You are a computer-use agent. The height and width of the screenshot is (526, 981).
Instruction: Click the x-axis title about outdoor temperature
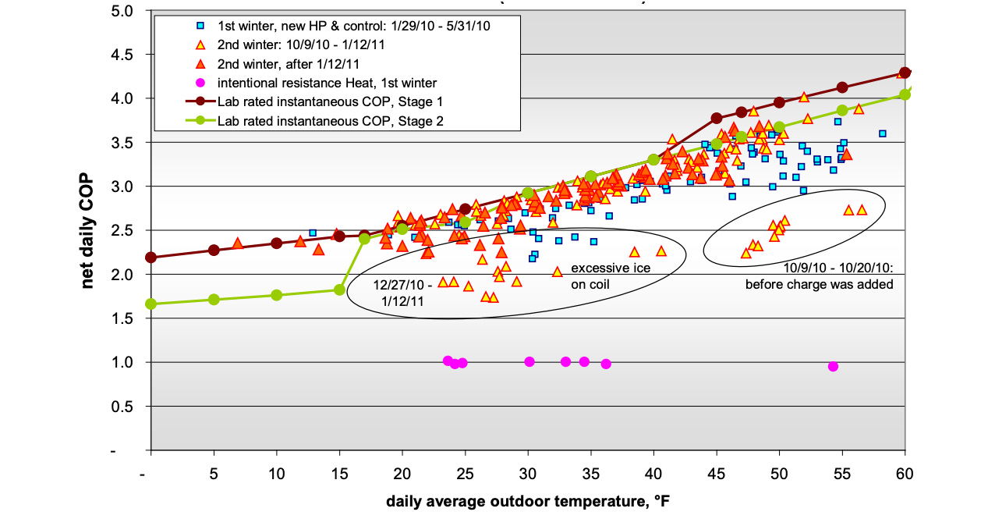[x=527, y=502]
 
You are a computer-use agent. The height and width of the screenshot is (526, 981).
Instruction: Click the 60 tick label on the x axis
[x=905, y=474]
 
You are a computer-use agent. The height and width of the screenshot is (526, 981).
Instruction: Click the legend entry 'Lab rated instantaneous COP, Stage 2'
[x=322, y=120]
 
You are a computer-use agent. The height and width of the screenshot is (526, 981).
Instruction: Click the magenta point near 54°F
[x=833, y=366]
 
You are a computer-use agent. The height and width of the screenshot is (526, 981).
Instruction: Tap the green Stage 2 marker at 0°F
[x=151, y=304]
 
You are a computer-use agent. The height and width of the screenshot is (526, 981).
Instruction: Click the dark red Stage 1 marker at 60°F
[x=905, y=73]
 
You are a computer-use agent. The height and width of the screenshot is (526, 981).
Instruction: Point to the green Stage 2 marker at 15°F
[x=339, y=290]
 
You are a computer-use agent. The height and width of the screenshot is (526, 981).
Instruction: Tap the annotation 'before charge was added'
[x=819, y=284]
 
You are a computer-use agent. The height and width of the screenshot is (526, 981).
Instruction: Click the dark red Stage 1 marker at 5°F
[x=214, y=251]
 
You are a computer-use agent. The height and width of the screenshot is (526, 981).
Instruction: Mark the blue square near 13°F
[x=313, y=233]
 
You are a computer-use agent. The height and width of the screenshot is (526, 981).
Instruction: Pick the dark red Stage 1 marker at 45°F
[x=717, y=118]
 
